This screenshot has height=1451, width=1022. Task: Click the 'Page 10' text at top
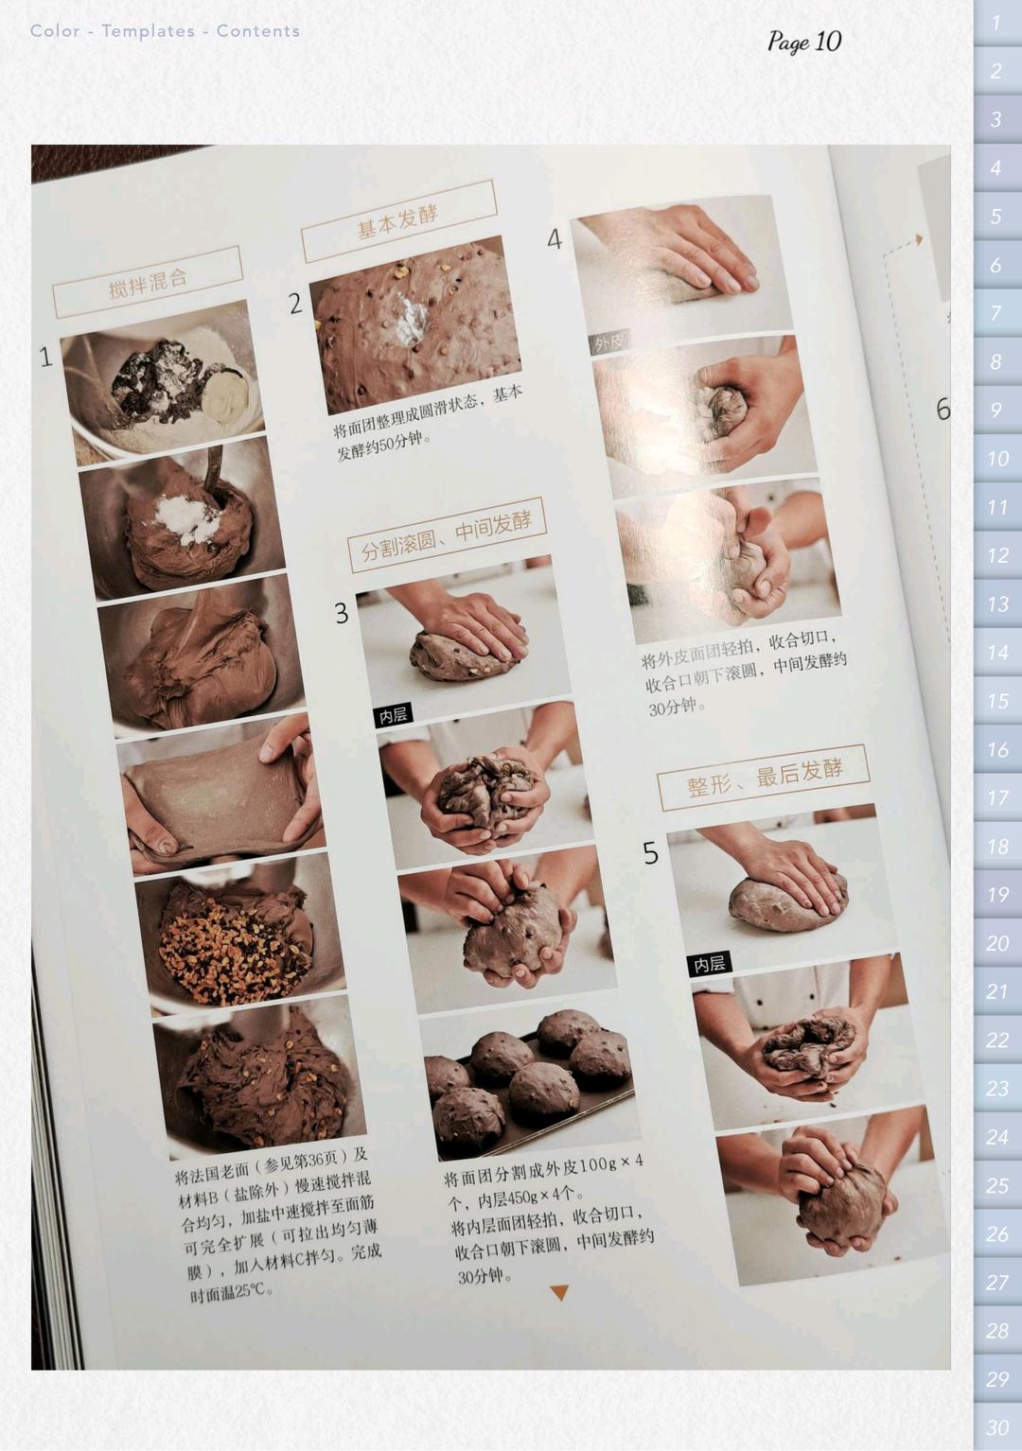coord(803,42)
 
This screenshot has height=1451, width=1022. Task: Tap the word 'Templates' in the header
coord(148,31)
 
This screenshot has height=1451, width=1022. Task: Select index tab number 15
coord(997,701)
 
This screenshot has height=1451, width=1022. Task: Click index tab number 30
coord(997,1427)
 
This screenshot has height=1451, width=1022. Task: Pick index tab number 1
coord(997,23)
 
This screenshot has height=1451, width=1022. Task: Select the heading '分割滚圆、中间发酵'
coord(447,535)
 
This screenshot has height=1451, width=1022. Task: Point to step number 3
coord(342,614)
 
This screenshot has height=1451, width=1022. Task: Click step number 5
coord(650,853)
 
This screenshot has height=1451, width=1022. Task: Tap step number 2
coord(295,304)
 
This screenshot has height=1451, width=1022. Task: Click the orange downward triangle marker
coord(559,1292)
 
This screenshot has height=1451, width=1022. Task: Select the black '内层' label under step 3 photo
coord(393,715)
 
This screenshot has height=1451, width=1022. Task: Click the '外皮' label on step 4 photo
coord(608,342)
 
